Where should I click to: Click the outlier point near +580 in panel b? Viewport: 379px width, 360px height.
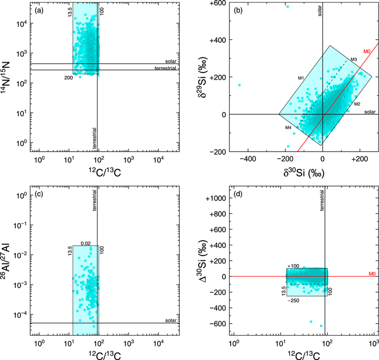[287, 6]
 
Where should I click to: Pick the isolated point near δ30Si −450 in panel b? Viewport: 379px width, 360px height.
[239, 85]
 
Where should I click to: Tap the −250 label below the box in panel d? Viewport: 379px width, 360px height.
[293, 299]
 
